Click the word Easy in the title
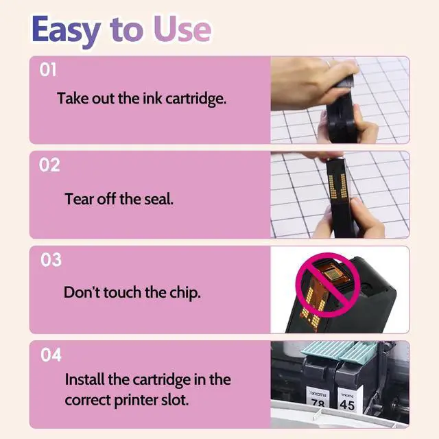66,30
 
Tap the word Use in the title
182,28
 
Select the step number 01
47,70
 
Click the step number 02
49,165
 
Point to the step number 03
51,259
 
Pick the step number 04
51,355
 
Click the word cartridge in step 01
195,99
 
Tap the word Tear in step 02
79,199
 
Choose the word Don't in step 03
82,292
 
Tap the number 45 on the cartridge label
347,405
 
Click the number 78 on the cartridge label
318,404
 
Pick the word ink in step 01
152,99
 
